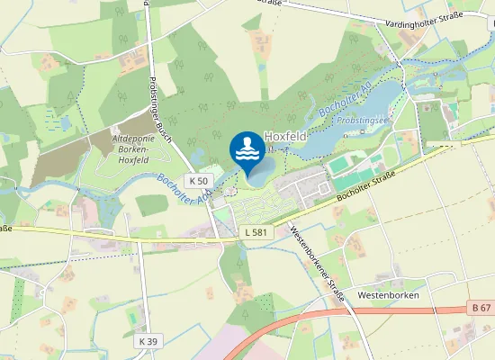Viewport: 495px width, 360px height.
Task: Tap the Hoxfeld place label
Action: [285, 137]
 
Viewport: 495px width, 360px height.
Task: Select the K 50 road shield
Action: [199, 181]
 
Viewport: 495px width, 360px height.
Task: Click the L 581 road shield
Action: [256, 232]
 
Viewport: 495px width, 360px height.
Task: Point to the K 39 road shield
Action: [148, 341]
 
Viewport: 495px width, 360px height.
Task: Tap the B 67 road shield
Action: [481, 308]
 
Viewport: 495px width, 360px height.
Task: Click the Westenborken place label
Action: [388, 295]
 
